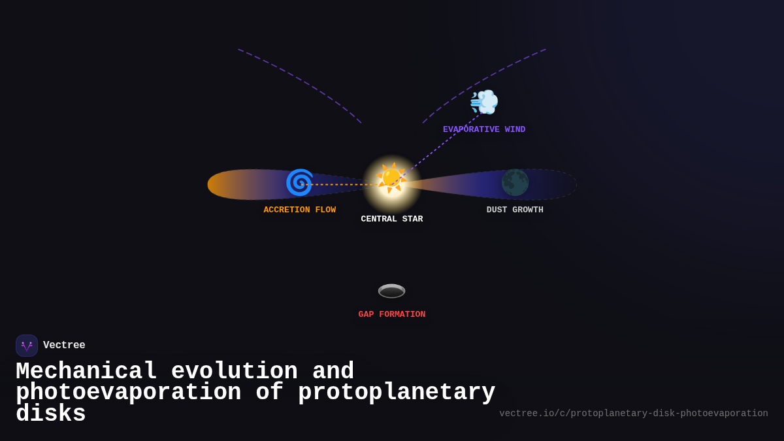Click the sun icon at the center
(391, 178)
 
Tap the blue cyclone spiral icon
(299, 182)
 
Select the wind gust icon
(484, 103)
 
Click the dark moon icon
(515, 182)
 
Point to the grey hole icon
(391, 291)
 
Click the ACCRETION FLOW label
(299, 210)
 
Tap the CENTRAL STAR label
(391, 219)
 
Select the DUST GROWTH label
(515, 210)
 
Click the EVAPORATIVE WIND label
(484, 129)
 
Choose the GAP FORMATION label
(391, 314)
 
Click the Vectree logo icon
(27, 346)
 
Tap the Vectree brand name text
(64, 345)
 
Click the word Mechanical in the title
(86, 372)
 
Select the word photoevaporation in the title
(129, 393)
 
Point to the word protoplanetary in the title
(397, 393)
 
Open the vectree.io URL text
(633, 414)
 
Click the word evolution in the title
(235, 372)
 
